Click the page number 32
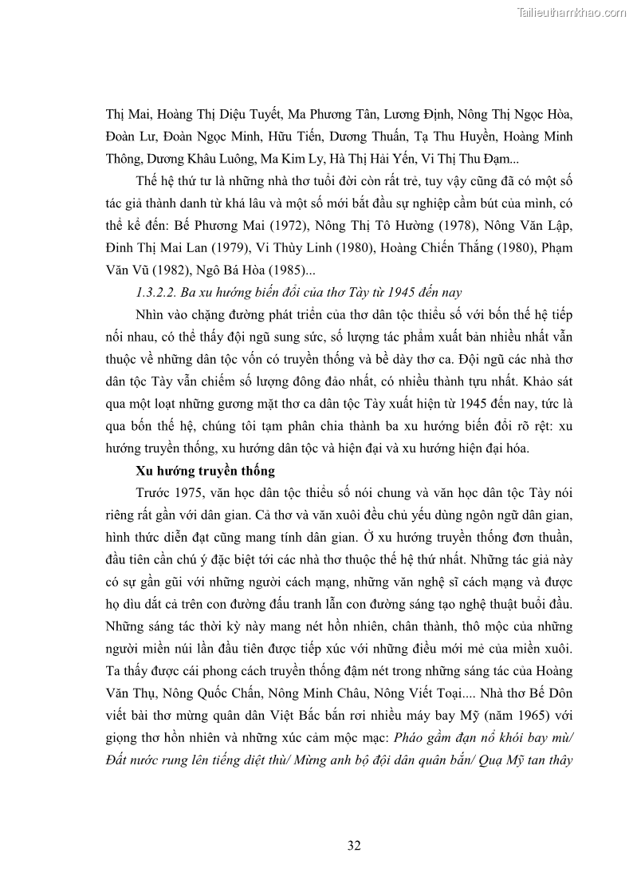pos(354,846)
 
